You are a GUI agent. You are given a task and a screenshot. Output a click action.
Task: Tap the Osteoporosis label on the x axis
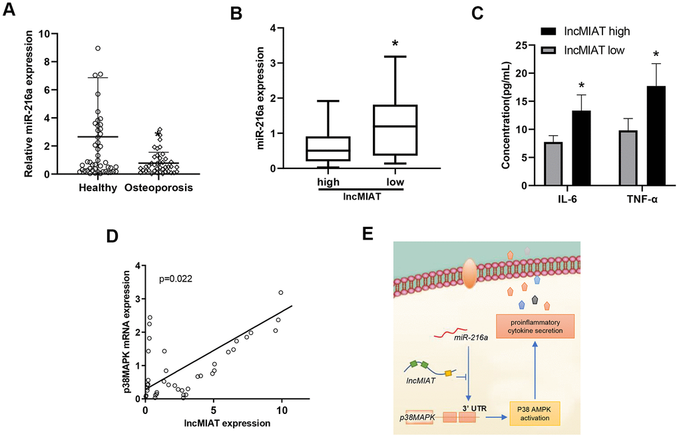[x=158, y=188]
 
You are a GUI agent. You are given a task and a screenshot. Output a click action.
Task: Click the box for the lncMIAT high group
[x=330, y=148]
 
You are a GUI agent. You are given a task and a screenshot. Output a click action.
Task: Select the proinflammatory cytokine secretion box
[x=534, y=326]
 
